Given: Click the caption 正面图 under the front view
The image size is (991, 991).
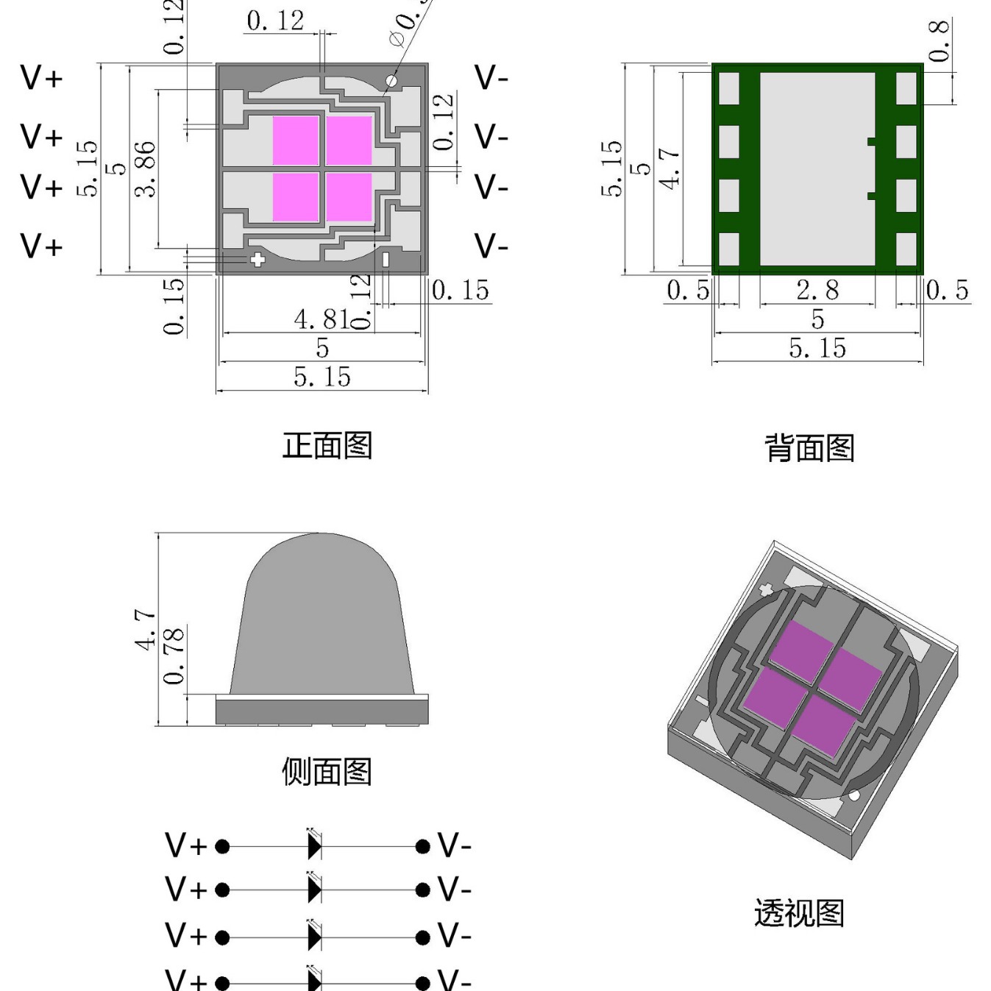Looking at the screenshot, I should pos(327,446).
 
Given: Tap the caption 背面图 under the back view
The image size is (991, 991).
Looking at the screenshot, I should pos(809,448).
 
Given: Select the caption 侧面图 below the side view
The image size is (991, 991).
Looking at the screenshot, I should pos(327,772).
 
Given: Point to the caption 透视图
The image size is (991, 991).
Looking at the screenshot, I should pos(799,913).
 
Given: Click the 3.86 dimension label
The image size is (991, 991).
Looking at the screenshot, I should pos(146,169).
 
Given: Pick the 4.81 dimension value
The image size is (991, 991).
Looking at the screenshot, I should pos(322,319).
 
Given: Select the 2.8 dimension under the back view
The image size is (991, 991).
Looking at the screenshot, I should pos(817,290).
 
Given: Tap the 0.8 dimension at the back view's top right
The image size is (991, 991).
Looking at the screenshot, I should pos(939,41).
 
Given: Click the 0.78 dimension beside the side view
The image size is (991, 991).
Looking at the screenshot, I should pos(174,656).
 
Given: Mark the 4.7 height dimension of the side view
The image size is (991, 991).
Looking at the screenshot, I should pos(146,630).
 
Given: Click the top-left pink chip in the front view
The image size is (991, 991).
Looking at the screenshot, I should pos(296,140).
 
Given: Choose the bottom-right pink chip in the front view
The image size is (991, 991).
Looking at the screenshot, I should pos(349,196).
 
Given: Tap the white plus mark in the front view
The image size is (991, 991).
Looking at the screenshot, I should pos(257,259).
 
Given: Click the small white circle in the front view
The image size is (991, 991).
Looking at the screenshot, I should pos(391,81).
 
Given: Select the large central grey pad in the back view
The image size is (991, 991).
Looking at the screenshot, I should pos(817,168).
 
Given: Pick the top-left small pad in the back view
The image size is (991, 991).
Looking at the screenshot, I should pos(728,88).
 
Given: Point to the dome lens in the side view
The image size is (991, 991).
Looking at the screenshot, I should pos(322,618).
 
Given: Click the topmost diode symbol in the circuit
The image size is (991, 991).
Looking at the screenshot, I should pos(315,846).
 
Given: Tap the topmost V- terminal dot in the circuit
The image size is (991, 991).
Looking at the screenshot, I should pos(422,846).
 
